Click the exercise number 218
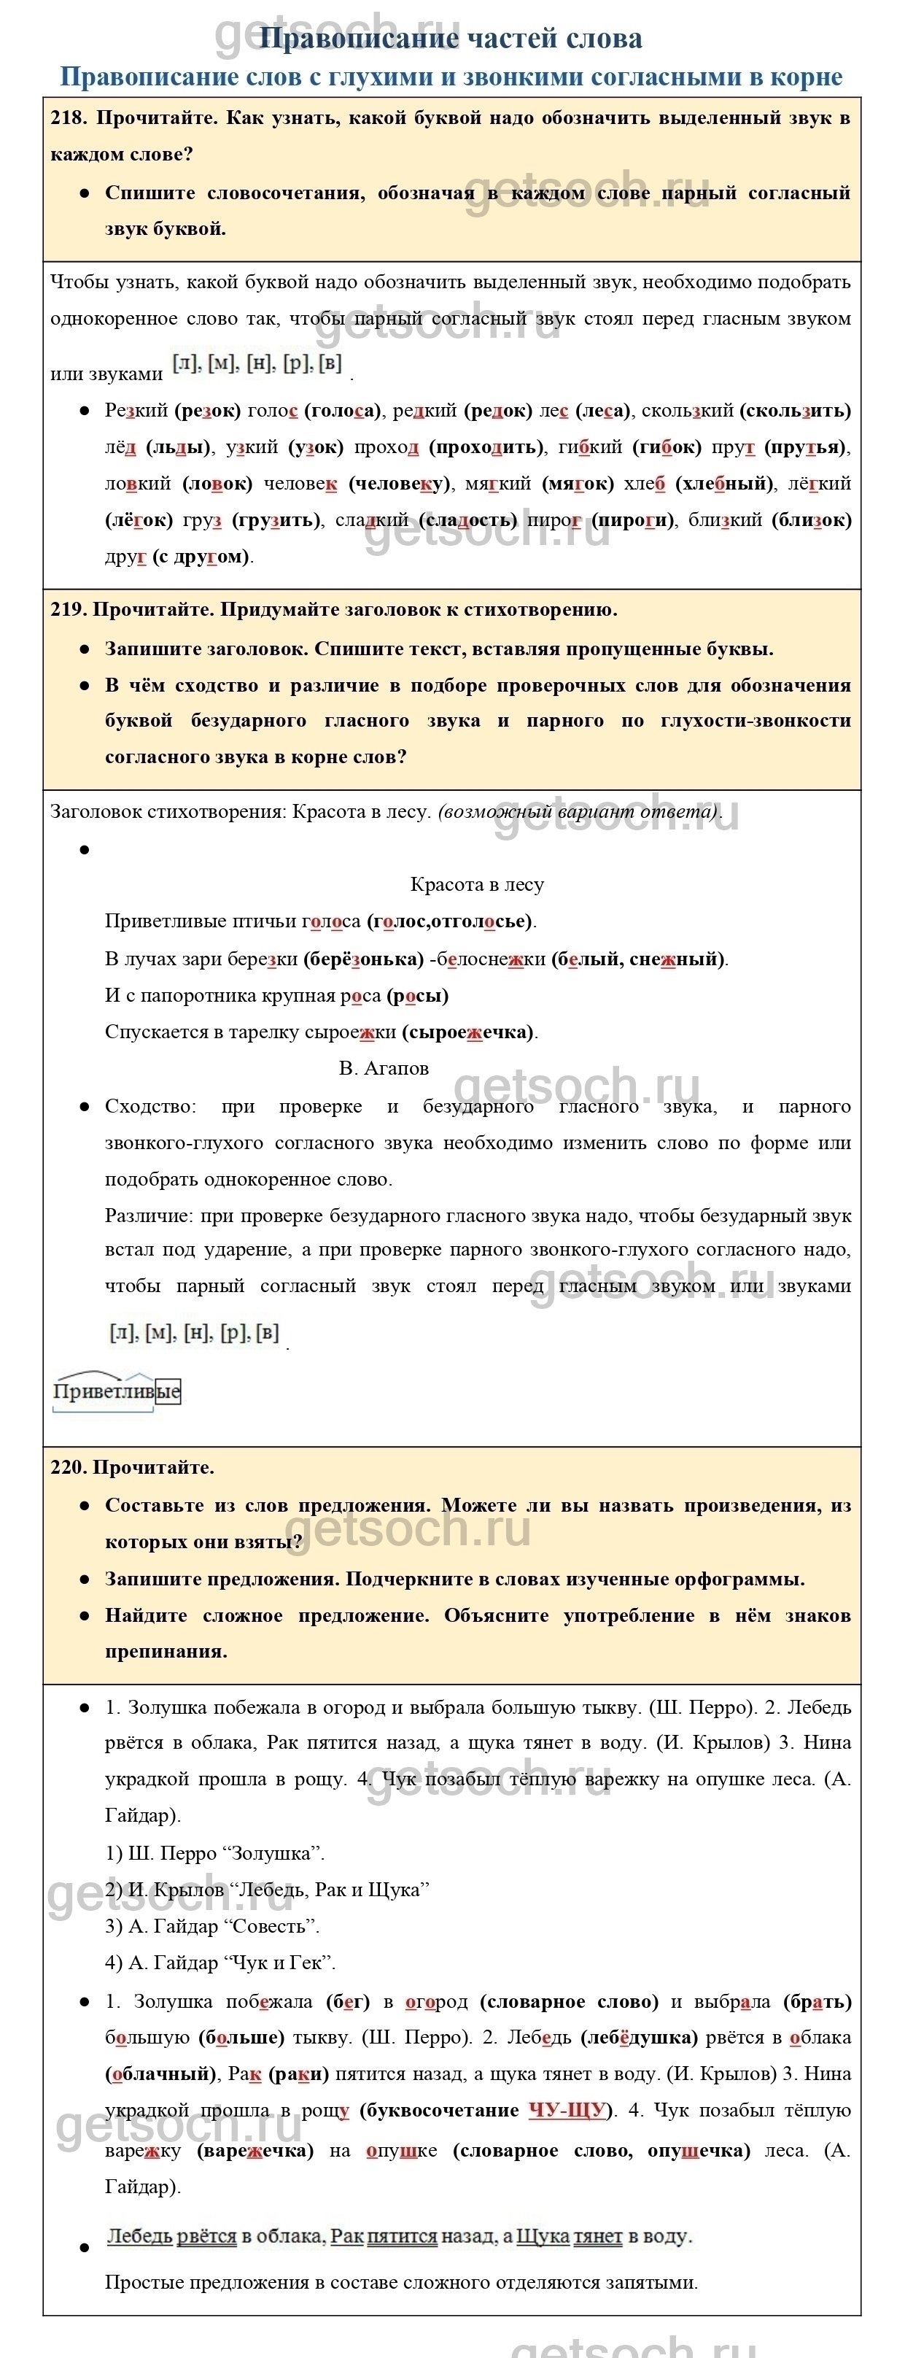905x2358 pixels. tap(69, 118)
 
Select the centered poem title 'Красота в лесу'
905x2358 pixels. tap(477, 885)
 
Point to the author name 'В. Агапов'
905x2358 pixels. tap(384, 1068)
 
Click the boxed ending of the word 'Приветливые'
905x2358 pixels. tap(168, 1391)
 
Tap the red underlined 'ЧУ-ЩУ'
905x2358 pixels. tap(567, 2110)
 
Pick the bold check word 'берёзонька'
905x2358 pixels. tap(363, 959)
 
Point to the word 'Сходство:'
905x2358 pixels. tap(150, 1107)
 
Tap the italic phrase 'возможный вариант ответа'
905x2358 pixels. tap(578, 812)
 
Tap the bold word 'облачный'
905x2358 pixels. tap(158, 2074)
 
